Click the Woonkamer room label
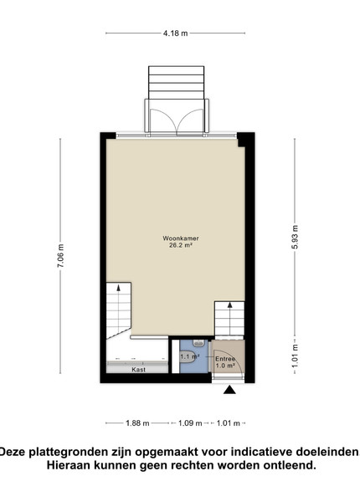(x=181, y=238)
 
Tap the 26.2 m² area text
(x=181, y=245)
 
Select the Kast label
(x=138, y=370)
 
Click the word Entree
(x=225, y=359)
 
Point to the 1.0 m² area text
(x=225, y=366)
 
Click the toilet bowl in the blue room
(x=187, y=356)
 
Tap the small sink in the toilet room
(x=199, y=344)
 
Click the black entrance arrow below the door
(x=229, y=390)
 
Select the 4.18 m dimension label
(x=176, y=33)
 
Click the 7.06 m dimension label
(x=60, y=255)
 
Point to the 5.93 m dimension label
(x=295, y=237)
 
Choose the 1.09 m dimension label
(x=190, y=423)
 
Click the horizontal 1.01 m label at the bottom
(x=229, y=423)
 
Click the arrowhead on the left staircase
(x=119, y=288)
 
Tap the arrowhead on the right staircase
(x=229, y=305)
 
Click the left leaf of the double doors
(x=163, y=121)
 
